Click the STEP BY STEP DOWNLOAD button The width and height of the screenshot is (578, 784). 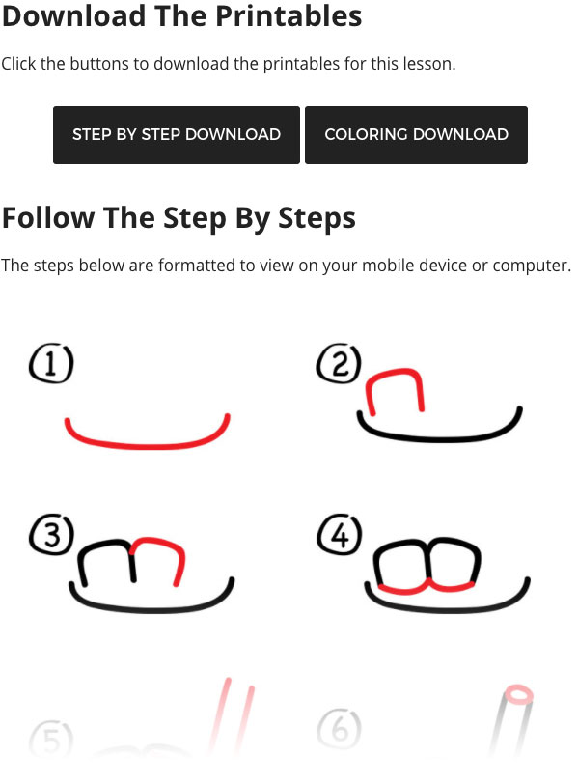click(x=177, y=134)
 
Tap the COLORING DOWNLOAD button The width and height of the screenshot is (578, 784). click(x=416, y=134)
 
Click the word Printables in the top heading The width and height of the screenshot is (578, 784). click(x=289, y=16)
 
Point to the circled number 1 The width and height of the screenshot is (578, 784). click(x=51, y=363)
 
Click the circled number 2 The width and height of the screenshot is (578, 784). click(x=340, y=363)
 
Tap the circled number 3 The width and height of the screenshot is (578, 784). click(x=52, y=535)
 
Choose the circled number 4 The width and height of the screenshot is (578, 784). click(x=340, y=535)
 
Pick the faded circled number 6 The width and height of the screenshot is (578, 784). click(x=340, y=730)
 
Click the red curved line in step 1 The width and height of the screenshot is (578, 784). click(x=148, y=445)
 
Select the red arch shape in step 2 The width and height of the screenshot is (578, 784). click(x=395, y=371)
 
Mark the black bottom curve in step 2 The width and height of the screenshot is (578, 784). click(x=440, y=439)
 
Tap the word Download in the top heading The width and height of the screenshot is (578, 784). click(x=74, y=16)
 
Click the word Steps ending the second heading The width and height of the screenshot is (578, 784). click(x=317, y=218)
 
